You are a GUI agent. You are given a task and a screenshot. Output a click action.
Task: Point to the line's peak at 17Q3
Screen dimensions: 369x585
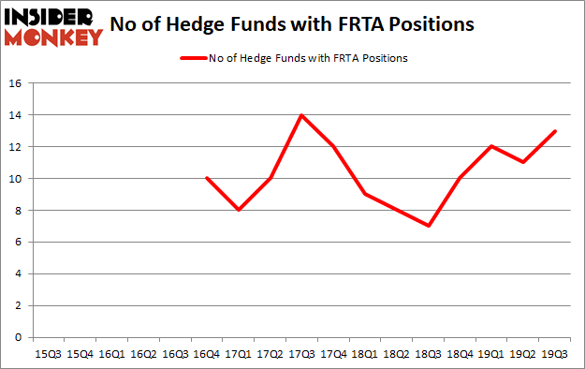coord(302,115)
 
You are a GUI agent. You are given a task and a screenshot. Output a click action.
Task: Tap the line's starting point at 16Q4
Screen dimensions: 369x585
coord(207,178)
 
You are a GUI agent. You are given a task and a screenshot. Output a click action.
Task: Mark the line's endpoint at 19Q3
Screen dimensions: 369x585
coord(556,131)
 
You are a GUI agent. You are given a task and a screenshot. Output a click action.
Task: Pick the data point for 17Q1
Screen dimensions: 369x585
coord(239,210)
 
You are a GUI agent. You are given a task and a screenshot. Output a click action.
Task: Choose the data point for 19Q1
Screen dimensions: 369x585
coord(492,146)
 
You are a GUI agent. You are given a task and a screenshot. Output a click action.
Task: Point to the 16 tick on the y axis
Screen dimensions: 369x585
coord(17,83)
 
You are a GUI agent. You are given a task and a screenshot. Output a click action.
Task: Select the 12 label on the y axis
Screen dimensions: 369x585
coord(17,147)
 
